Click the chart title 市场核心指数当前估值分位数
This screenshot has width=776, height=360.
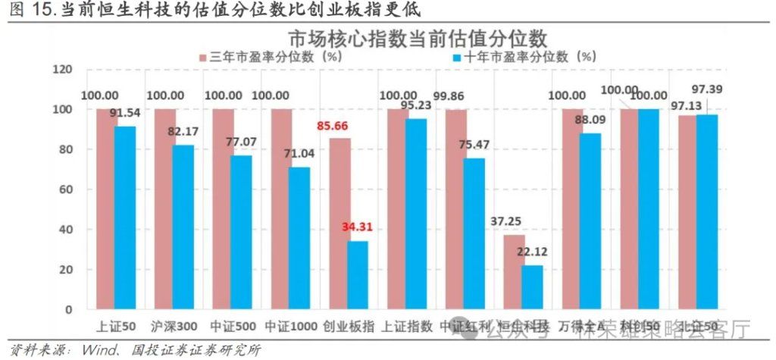tap(417, 38)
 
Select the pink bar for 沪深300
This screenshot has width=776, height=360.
tap(165, 208)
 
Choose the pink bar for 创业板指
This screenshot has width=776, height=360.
tap(339, 224)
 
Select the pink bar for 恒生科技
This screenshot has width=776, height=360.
tap(514, 272)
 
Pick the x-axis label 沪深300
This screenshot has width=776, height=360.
tap(174, 327)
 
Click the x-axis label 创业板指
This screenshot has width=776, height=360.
tap(349, 327)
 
